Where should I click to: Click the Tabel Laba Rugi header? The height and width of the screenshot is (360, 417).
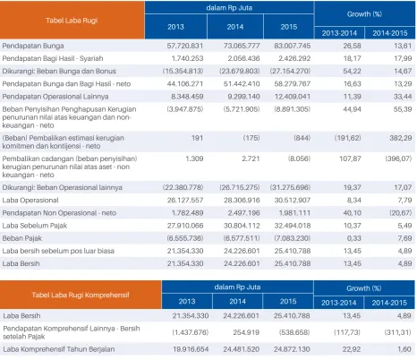[72, 21]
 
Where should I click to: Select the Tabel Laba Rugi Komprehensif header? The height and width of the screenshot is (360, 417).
[81, 295]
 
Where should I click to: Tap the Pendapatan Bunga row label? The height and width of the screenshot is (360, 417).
[33, 46]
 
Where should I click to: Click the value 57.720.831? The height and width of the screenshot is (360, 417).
[185, 46]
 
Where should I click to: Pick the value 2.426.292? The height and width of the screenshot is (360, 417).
[294, 58]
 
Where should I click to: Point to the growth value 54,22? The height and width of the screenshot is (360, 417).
[353, 71]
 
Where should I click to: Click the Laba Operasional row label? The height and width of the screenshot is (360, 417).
[30, 201]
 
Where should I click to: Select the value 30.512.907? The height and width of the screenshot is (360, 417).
[293, 201]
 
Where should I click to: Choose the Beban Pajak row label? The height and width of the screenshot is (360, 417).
[21, 238]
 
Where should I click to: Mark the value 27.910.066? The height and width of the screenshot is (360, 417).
[185, 226]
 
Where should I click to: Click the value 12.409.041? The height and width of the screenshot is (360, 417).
[293, 97]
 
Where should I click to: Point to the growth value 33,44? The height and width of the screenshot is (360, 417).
[403, 97]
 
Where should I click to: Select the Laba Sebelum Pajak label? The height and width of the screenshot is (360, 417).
[35, 226]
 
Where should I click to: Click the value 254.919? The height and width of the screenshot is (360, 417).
[246, 332]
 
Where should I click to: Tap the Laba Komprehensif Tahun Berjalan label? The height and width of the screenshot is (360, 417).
[59, 349]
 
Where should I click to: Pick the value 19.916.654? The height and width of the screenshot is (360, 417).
[191, 349]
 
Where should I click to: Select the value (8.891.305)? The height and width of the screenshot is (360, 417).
[293, 109]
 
